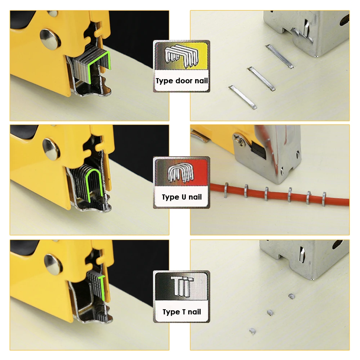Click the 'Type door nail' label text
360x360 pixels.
181,81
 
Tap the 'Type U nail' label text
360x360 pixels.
181,197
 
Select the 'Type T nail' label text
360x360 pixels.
181,312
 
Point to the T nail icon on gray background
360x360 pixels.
182,286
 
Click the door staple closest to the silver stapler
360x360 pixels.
279,57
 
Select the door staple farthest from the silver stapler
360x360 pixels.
242,97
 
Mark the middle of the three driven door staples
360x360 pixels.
261,79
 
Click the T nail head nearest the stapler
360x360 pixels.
291,296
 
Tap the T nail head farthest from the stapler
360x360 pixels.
252,331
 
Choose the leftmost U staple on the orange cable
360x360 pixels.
226,190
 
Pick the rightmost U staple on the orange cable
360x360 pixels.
324,199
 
